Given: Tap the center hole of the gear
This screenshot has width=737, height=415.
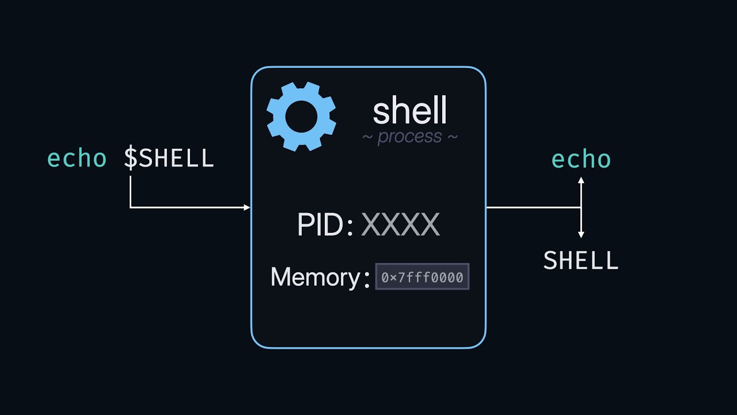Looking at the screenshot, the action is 301,116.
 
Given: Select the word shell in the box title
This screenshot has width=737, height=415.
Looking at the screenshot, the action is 409,110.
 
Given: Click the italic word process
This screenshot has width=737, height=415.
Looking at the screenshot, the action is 409,137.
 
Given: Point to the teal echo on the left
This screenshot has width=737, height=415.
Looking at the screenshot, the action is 77,158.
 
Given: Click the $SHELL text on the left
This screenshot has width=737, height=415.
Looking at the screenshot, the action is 169,157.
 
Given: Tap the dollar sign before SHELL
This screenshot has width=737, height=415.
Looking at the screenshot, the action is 131,157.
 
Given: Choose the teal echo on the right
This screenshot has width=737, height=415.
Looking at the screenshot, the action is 581,159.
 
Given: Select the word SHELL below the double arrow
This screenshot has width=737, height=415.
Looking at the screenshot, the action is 581,260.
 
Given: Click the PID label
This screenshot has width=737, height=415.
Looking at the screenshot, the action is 325,224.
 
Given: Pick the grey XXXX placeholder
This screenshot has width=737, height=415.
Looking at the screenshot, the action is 400,224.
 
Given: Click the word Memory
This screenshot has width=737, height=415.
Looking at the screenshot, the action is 315,277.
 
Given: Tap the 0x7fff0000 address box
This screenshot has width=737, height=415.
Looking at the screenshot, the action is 423,277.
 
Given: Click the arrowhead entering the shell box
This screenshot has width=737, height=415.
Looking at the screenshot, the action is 247,207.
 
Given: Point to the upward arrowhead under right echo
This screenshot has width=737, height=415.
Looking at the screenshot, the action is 581,180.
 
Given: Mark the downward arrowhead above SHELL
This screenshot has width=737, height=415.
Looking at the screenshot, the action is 581,235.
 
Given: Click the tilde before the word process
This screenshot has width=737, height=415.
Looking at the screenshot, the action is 367,137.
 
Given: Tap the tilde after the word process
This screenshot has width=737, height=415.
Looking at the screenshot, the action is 453,137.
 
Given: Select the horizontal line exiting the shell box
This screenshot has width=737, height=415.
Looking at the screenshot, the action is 533,207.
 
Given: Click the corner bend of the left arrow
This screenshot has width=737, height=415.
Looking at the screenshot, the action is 131,207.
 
